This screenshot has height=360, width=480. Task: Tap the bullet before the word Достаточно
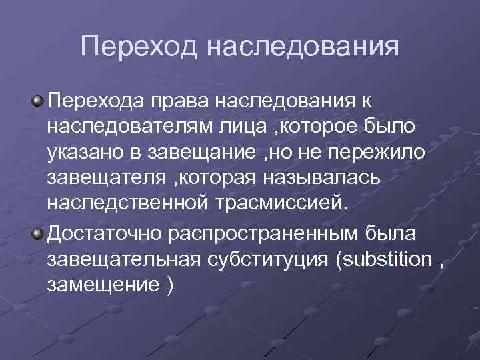pos(39,231)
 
